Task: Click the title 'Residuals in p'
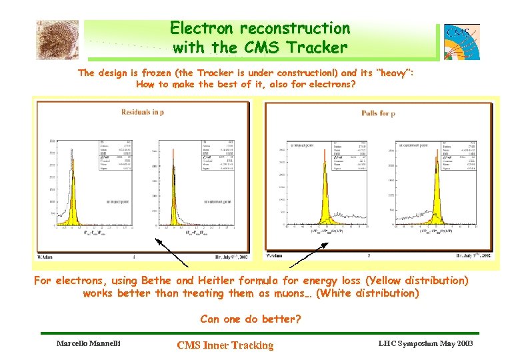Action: pyautogui.click(x=143, y=112)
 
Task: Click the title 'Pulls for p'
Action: pyautogui.click(x=379, y=113)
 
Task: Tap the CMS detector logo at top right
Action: pyautogui.click(x=461, y=41)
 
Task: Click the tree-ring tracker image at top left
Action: pyautogui.click(x=57, y=39)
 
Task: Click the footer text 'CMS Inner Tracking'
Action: pyautogui.click(x=225, y=345)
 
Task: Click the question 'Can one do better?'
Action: pyautogui.click(x=251, y=319)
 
